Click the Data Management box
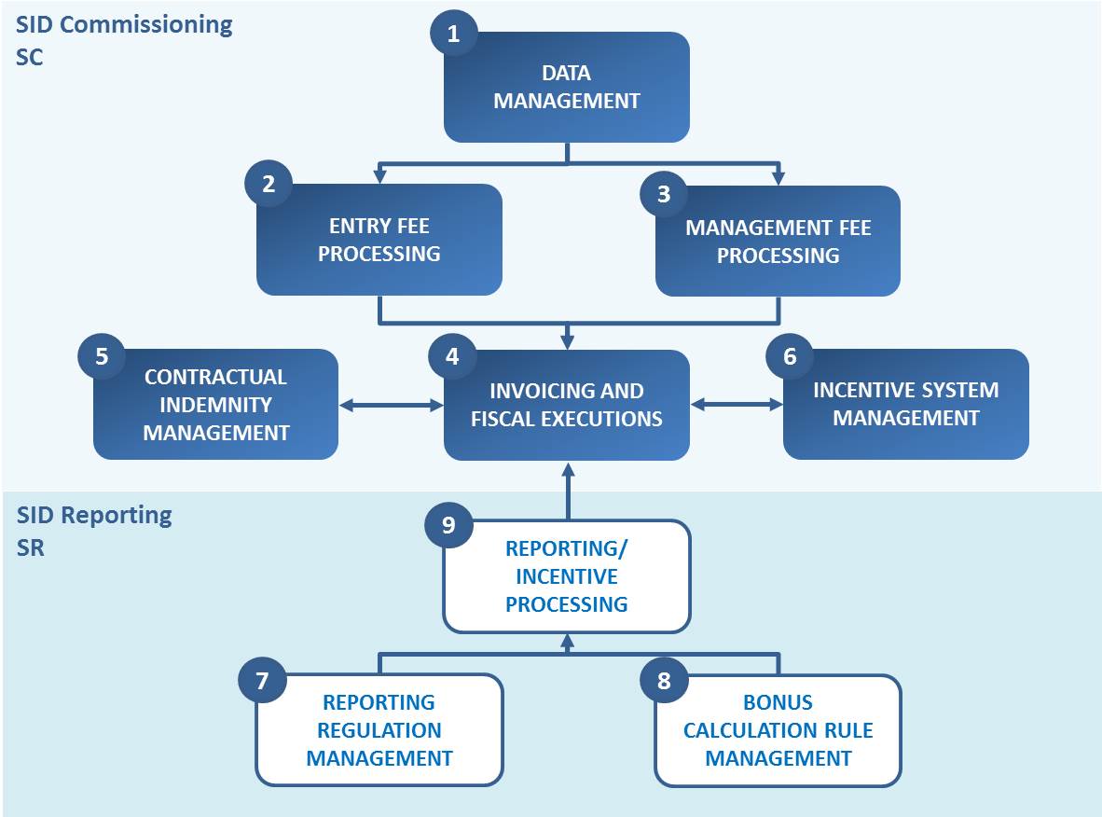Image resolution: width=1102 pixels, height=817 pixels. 567,87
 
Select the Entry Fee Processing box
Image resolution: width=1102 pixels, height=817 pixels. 379,240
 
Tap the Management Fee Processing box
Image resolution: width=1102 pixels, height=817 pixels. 778,242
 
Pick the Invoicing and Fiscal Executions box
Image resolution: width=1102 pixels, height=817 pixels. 567,405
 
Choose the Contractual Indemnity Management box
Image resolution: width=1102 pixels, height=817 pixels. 215,404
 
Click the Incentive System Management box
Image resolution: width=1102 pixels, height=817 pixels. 906,404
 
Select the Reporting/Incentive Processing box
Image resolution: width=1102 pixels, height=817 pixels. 567,576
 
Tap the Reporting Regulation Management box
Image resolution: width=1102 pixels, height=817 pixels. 379,730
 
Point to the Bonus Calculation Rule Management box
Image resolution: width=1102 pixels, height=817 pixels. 778,730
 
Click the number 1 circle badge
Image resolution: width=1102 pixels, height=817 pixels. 453,33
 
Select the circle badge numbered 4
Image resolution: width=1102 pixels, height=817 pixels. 452,356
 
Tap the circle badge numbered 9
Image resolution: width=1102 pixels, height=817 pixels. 448,524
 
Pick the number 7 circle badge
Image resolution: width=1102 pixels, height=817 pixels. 262,680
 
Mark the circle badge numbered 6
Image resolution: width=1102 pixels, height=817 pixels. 790,355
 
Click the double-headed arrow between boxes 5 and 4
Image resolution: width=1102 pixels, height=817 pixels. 391,405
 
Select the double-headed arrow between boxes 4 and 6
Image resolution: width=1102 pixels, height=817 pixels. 737,404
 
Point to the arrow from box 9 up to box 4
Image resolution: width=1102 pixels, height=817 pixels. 568,492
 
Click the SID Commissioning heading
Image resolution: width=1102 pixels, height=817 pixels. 124,25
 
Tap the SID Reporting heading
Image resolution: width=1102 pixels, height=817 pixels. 94,516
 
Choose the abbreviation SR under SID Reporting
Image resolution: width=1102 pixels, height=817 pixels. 30,547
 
